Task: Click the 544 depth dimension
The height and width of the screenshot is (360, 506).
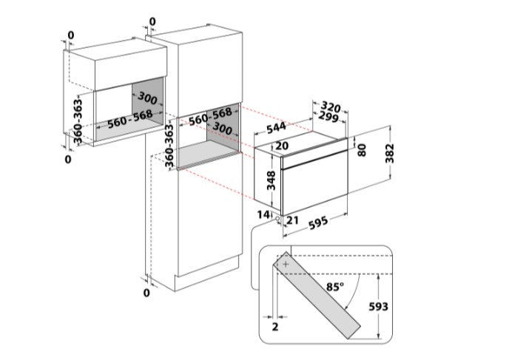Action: [276, 127]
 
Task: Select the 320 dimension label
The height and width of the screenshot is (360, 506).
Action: [331, 106]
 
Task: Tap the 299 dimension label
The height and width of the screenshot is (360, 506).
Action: [328, 117]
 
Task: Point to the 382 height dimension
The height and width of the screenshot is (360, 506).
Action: [390, 153]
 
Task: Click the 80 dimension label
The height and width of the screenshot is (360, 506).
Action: [362, 150]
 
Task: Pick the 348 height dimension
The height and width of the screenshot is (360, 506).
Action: [271, 180]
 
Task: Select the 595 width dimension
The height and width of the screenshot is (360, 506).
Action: [318, 223]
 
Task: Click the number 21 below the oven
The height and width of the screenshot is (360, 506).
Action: [292, 220]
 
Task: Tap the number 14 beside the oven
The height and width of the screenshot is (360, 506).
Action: [263, 214]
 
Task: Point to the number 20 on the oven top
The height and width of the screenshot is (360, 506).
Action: [282, 146]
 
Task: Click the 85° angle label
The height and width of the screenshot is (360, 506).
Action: [334, 287]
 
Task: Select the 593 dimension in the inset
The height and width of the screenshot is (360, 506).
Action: [378, 307]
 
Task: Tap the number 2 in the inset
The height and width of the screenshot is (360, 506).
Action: [275, 327]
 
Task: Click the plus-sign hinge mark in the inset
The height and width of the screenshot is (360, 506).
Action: [286, 265]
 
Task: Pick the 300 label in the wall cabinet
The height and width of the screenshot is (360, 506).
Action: [147, 98]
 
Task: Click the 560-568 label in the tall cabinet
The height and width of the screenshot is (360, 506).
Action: [210, 117]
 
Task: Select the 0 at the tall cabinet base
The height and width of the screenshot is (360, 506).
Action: [146, 293]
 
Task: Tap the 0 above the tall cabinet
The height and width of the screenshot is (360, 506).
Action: [152, 21]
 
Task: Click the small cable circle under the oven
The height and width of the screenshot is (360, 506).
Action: [277, 218]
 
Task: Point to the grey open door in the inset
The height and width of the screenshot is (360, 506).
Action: [317, 296]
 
